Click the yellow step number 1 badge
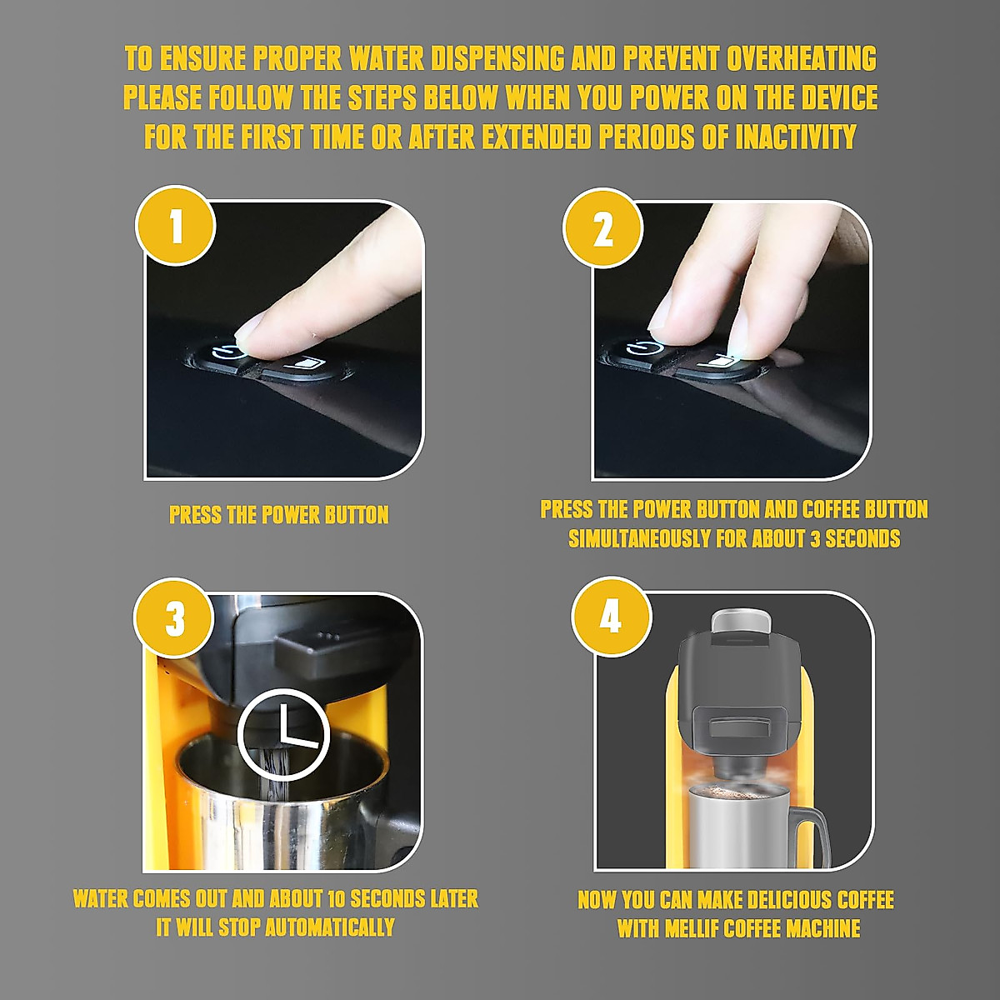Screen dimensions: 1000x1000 click(175, 226)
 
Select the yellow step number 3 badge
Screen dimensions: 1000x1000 click(174, 617)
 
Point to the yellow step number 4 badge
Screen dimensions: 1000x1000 click(611, 617)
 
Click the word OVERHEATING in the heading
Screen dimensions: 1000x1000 click(801, 58)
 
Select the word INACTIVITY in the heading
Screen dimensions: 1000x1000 click(796, 136)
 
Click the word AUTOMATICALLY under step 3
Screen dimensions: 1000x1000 click(329, 927)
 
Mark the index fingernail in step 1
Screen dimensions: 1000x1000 click(247, 330)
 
